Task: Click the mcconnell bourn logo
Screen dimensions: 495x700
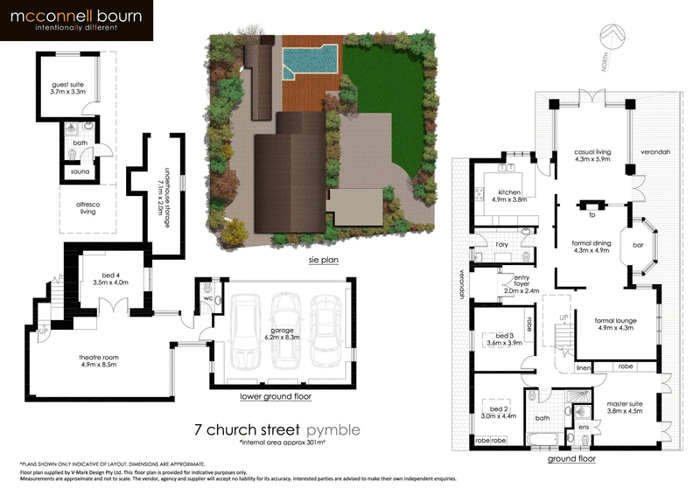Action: click(x=77, y=21)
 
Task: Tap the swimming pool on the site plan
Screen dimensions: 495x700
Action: click(x=310, y=60)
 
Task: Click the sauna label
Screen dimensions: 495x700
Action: click(x=80, y=172)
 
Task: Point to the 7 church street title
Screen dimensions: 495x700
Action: click(x=247, y=430)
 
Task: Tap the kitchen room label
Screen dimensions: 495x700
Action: click(x=508, y=194)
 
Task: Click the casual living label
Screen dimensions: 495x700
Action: click(x=591, y=154)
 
